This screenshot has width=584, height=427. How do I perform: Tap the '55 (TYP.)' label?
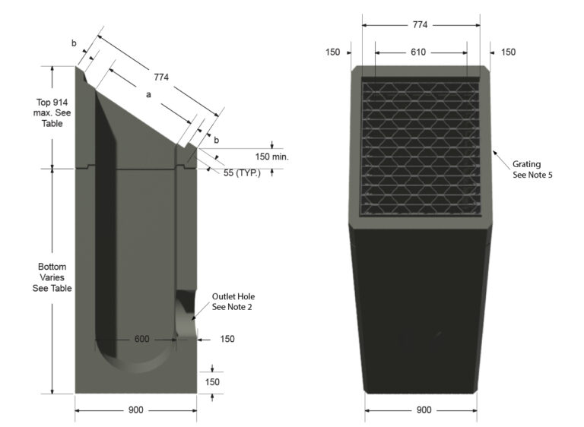[243, 174]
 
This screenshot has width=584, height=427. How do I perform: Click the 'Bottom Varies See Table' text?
[52, 277]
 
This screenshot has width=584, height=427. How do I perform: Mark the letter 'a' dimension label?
[149, 95]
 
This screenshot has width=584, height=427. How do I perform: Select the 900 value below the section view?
[135, 410]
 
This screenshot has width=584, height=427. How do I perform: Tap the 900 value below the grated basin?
[421, 410]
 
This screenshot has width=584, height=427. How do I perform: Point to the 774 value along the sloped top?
[160, 77]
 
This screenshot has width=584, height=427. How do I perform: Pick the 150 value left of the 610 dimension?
[333, 52]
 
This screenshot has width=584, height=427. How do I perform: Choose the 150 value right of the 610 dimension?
[508, 52]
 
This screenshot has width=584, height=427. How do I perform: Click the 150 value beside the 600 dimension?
[227, 339]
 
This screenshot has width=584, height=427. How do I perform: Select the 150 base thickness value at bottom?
[213, 382]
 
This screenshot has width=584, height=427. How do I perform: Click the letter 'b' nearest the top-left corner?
[74, 43]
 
